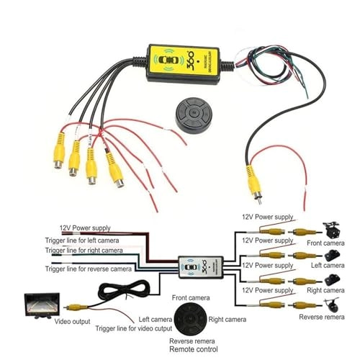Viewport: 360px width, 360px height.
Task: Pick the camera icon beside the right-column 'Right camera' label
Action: pyautogui.click(x=333, y=280)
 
